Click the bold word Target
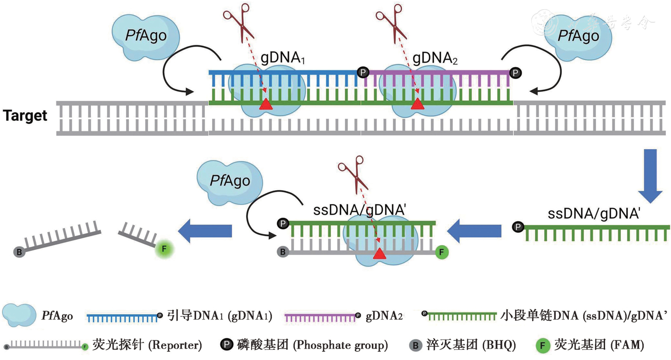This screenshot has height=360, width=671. [x=25, y=116]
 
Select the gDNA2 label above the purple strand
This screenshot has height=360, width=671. [x=435, y=58]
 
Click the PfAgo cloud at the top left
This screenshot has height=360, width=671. [x=145, y=36]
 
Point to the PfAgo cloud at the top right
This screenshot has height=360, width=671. [x=578, y=36]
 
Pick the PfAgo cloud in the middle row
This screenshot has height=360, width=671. [x=230, y=181]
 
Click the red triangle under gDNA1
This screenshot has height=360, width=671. [x=265, y=104]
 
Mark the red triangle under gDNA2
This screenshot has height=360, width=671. [x=418, y=104]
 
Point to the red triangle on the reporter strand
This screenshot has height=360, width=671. [x=380, y=254]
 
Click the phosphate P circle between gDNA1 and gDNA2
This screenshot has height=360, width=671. [x=363, y=72]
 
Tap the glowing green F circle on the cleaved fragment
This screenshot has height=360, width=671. [x=164, y=249]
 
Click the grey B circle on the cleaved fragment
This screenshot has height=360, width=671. [x=19, y=252]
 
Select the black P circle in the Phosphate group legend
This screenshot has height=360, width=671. [x=227, y=345]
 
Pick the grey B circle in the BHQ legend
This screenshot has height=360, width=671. [x=415, y=346]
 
